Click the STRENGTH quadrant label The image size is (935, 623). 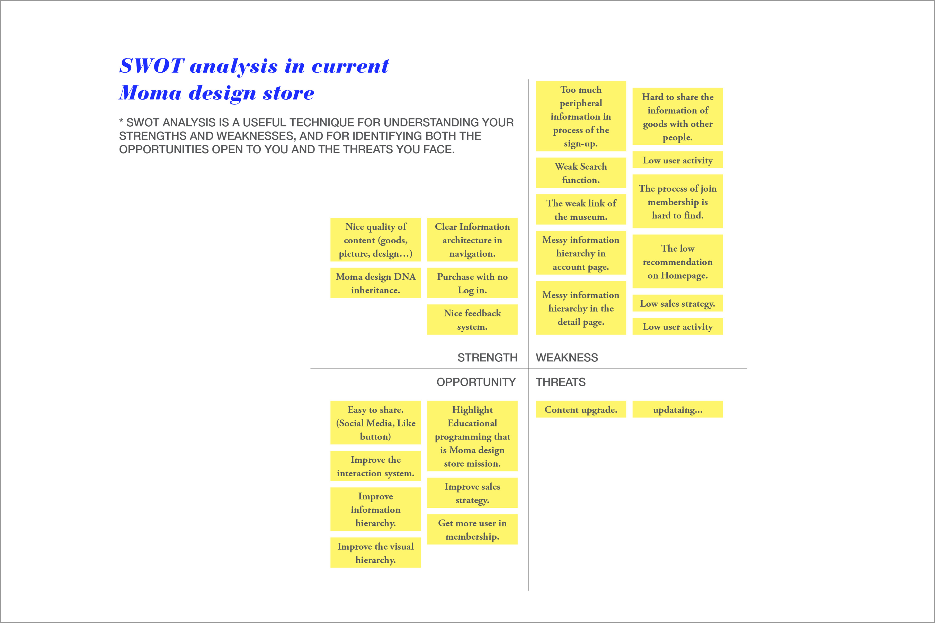coord(487,358)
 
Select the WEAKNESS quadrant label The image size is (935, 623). coord(567,358)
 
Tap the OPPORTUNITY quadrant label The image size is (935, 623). coord(476,382)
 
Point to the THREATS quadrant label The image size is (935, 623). coord(561,382)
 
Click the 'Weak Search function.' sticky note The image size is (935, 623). coord(581,173)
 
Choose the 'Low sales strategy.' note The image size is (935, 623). coord(677,303)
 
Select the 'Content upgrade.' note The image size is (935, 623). coord(581,409)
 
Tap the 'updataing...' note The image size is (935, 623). coord(677,409)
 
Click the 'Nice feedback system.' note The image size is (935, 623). coord(472,319)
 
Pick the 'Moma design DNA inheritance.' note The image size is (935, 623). coord(376,283)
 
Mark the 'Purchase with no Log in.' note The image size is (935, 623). coord(472,283)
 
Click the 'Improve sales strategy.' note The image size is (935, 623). coord(472,493)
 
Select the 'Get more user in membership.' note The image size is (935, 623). coord(472,529)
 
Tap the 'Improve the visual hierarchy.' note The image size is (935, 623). coord(376,553)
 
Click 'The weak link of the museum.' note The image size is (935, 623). coord(581,209)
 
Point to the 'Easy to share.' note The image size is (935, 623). coord(376,423)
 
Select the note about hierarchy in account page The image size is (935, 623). coord(581,253)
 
